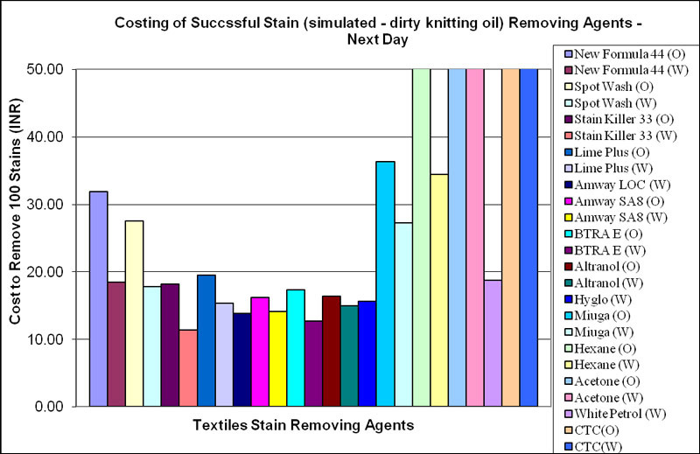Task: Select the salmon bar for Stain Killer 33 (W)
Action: coord(187,367)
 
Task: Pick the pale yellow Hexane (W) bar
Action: coord(438,290)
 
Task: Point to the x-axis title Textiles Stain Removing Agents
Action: coord(303,426)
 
